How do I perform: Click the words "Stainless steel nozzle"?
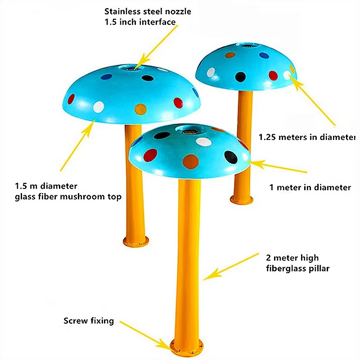click(x=148, y=11)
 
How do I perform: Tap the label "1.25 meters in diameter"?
click(x=307, y=137)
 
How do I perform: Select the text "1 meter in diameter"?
click(x=310, y=187)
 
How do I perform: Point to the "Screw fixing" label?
click(x=89, y=321)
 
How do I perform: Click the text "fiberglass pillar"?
click(x=298, y=268)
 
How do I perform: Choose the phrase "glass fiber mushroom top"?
click(x=68, y=197)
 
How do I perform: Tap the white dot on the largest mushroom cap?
click(x=99, y=107)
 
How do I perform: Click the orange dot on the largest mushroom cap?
click(x=140, y=109)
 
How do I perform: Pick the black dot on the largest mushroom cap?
click(x=148, y=78)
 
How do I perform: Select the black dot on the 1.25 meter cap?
click(x=240, y=77)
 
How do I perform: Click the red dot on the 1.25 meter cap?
click(x=273, y=76)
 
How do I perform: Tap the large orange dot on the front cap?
click(x=190, y=162)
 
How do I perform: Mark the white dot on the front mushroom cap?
click(x=204, y=142)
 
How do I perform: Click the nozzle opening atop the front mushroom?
click(x=189, y=131)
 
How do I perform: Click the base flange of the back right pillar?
click(x=242, y=199)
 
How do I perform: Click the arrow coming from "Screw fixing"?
click(x=147, y=336)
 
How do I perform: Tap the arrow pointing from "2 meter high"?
click(x=231, y=267)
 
